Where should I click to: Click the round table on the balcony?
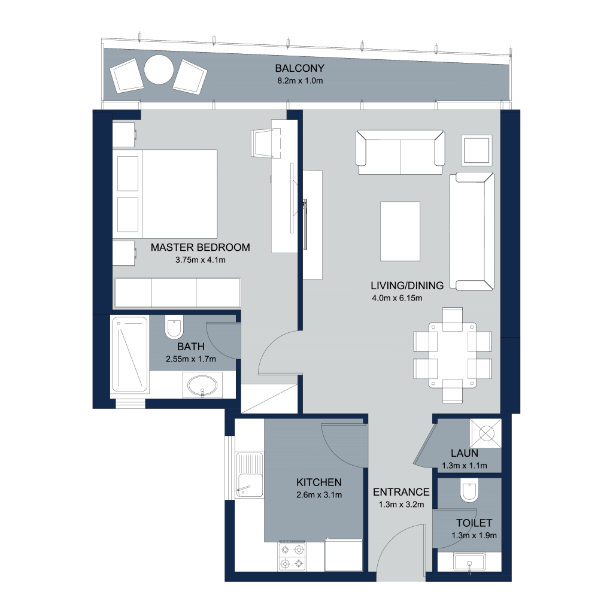[x=159, y=69]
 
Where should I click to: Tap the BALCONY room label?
[x=299, y=68]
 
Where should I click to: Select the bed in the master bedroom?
[x=165, y=194]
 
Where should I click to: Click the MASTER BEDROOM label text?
[x=200, y=247]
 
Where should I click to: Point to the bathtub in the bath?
[x=130, y=354]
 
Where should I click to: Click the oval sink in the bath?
[x=202, y=386]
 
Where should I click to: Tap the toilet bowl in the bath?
[x=174, y=327]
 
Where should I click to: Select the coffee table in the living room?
[x=400, y=231]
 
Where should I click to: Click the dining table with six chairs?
[x=453, y=355]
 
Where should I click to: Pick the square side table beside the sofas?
[x=476, y=150]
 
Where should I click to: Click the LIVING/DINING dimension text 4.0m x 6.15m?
[x=397, y=298]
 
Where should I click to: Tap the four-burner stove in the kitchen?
[x=292, y=556]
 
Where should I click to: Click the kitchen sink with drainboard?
[x=250, y=475]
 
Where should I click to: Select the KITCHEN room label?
[x=319, y=482]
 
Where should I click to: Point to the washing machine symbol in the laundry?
[x=485, y=433]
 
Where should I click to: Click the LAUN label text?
[x=465, y=453]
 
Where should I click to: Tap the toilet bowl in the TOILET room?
[x=469, y=490]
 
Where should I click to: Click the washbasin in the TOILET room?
[x=469, y=562]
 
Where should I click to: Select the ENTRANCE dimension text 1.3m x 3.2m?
[x=401, y=505]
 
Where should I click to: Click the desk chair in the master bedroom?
[x=266, y=144]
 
